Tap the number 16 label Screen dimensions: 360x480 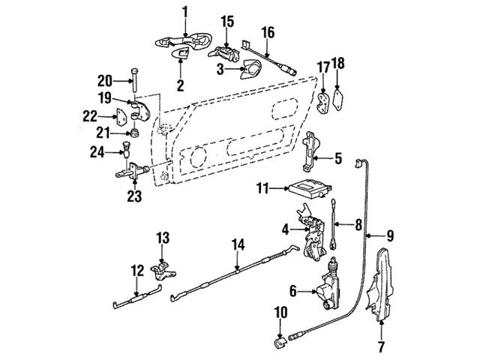pos(268,32)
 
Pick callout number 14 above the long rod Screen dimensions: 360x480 pos(238,244)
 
